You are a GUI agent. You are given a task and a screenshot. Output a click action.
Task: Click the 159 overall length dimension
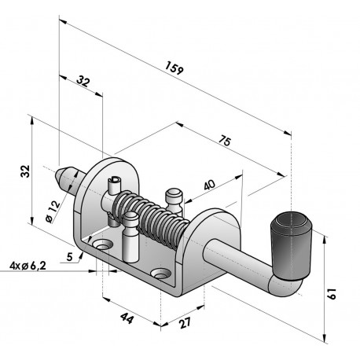pos(174,68)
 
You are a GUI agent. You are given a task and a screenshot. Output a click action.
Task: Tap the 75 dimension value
pos(225,141)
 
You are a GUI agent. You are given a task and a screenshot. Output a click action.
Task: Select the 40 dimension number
pos(209,185)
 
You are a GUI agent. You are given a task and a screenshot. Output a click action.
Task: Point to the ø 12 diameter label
pos(53,211)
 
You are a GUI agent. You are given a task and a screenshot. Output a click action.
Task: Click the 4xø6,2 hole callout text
pos(28,266)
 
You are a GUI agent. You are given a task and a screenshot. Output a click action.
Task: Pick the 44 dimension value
pos(127,318)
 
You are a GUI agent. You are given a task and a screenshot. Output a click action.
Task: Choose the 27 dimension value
pos(186,323)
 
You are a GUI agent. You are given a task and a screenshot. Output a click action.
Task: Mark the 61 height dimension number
pos(332,293)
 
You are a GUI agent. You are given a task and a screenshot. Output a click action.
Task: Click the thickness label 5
pos(69,257)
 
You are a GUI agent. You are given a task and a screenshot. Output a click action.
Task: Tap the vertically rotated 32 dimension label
pos(25,171)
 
